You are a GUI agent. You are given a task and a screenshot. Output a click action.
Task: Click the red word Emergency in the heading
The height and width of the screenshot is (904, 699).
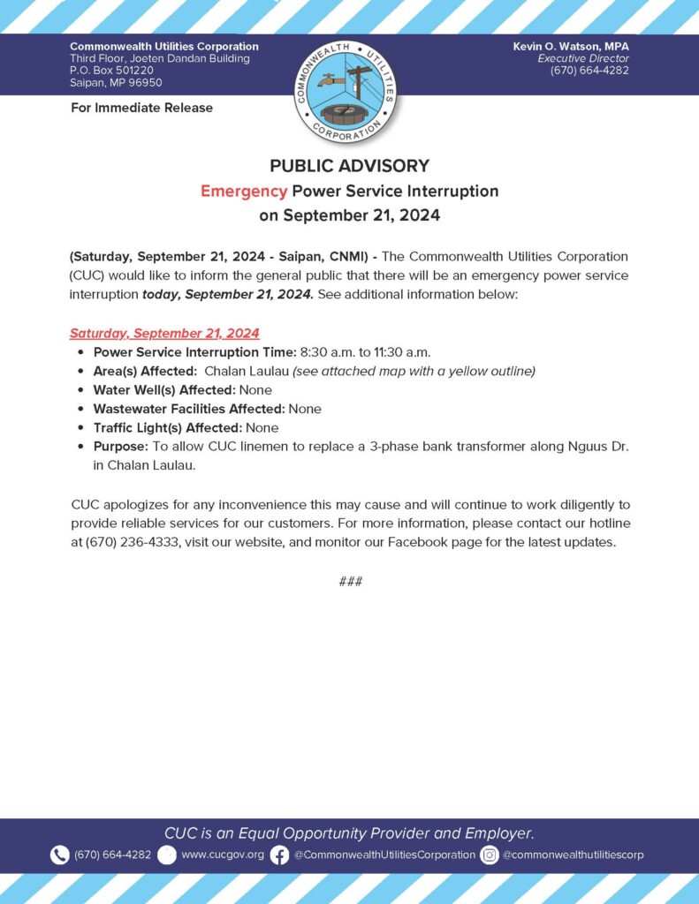[x=243, y=191]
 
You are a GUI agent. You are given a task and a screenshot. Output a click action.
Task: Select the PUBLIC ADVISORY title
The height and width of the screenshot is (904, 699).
[x=349, y=166]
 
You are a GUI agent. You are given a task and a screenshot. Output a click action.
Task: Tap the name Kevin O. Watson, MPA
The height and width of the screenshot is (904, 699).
[x=571, y=46]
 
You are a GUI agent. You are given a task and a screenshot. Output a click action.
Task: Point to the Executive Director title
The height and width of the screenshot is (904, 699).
[x=583, y=58]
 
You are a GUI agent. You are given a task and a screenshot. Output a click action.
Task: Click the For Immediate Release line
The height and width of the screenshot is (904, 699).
[x=141, y=108]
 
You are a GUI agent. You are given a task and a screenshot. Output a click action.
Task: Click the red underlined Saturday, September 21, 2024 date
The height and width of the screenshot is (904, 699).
[x=164, y=333]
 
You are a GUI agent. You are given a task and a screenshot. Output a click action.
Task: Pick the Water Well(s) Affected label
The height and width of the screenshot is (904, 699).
[x=163, y=389]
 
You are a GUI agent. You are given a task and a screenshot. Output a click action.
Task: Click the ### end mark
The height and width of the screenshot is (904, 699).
[x=350, y=581]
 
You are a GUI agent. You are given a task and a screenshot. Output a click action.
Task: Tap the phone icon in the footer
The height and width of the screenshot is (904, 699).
[x=59, y=855]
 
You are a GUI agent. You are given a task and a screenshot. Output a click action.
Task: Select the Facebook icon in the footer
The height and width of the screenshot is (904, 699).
[x=279, y=855]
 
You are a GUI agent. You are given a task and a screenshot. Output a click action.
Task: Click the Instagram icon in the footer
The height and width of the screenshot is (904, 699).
[x=490, y=855]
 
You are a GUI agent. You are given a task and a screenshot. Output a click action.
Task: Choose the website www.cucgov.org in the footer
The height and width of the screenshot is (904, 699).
[x=223, y=855]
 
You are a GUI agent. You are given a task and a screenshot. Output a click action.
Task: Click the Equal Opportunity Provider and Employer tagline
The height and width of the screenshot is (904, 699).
[x=349, y=832]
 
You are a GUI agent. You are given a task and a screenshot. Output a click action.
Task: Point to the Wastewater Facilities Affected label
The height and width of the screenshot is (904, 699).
[x=189, y=409]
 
